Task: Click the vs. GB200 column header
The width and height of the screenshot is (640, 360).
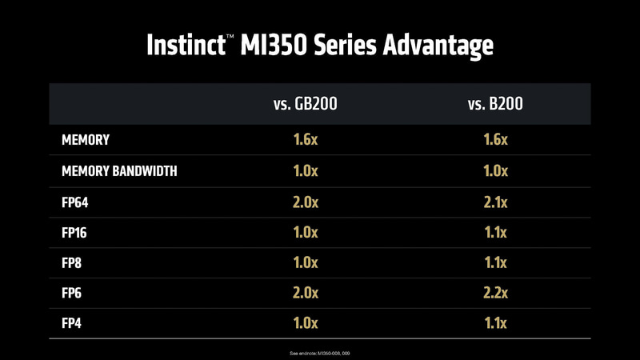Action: coord(305,103)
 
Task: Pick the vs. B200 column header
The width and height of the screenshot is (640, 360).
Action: coord(496,103)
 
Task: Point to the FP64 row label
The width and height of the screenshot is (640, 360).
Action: coord(74,202)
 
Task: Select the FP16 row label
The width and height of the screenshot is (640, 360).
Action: coord(74,232)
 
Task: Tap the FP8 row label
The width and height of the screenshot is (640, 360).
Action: coord(72,262)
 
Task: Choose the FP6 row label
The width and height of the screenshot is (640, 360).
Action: coord(72,293)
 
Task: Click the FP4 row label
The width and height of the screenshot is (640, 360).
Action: coord(72,323)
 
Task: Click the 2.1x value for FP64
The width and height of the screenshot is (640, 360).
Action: coord(496,202)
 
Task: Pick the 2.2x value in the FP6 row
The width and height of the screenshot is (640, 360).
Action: coord(496,293)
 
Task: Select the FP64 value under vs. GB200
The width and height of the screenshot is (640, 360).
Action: coord(306,202)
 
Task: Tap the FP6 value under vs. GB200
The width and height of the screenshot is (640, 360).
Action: coord(306,293)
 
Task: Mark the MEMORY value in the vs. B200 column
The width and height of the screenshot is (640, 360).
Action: coord(496,140)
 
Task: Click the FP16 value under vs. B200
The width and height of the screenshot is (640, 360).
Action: coord(496,232)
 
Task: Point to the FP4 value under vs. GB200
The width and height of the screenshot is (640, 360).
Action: coord(306,323)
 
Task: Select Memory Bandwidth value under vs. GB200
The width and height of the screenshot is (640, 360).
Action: coord(306,171)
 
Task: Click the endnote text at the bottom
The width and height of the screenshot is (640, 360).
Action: coord(320,353)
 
